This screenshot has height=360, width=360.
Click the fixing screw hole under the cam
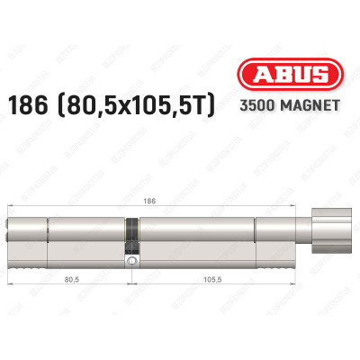pyautogui.click(x=132, y=262)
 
